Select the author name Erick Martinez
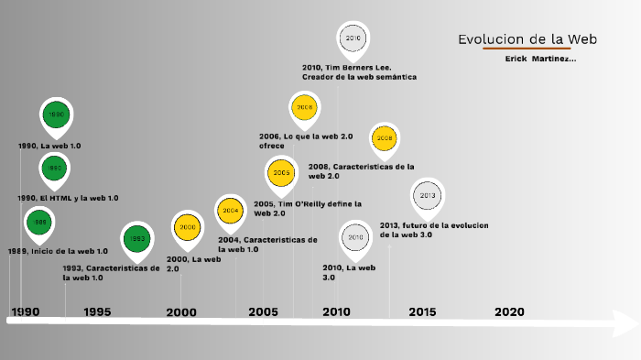540,59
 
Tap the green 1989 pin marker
40,223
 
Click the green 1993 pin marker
137,238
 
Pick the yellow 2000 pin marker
187,226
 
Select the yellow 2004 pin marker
230,210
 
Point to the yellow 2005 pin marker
280,172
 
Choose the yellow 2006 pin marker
304,107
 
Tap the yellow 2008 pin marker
385,138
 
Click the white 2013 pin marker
427,195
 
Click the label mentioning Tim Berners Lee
359,72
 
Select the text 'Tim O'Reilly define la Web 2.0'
308,208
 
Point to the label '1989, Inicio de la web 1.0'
58,250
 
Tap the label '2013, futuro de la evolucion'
434,230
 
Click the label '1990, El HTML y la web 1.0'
68,198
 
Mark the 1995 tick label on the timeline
97,311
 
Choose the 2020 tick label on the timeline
509,311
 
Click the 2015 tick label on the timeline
422,311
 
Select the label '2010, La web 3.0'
349,272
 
